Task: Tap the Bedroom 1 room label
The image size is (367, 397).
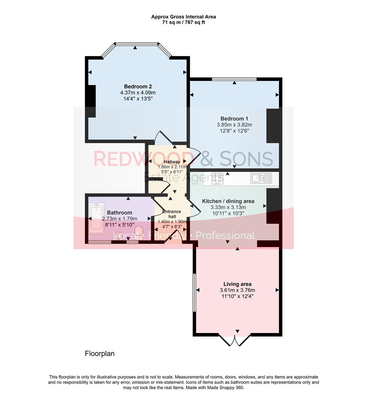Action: click(234, 119)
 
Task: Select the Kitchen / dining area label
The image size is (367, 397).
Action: click(228, 201)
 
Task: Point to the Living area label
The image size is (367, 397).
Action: click(237, 284)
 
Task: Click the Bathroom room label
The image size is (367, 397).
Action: click(119, 212)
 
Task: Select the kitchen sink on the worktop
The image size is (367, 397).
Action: click(261, 178)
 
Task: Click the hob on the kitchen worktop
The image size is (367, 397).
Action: click(218, 178)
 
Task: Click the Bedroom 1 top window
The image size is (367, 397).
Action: click(234, 79)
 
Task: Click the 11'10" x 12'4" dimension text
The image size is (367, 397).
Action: click(237, 296)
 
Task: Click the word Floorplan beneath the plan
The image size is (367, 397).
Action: click(100, 354)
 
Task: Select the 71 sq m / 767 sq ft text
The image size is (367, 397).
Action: click(183, 22)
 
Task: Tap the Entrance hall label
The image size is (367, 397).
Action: click(172, 214)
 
